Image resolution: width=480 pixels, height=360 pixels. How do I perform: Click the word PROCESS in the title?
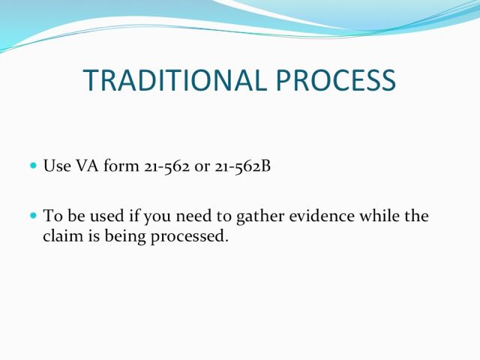pyautogui.click(x=336, y=80)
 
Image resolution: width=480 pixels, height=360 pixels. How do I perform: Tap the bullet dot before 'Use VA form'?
pyautogui.click(x=34, y=166)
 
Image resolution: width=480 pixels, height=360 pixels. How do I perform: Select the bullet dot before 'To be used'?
pyautogui.click(x=34, y=215)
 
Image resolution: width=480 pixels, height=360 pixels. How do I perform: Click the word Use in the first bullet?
pyautogui.click(x=57, y=166)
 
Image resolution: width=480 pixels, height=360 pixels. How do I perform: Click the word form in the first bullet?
pyautogui.click(x=121, y=166)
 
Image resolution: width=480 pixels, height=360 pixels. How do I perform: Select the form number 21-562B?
pyautogui.click(x=243, y=166)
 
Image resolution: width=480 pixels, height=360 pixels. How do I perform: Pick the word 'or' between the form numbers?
pyautogui.click(x=202, y=168)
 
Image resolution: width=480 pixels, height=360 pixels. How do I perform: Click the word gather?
pyautogui.click(x=260, y=217)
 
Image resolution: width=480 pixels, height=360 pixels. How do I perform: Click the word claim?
pyautogui.click(x=63, y=235)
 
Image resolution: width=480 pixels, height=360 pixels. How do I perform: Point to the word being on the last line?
pyautogui.click(x=125, y=237)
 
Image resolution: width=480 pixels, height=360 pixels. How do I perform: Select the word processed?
pyautogui.click(x=190, y=237)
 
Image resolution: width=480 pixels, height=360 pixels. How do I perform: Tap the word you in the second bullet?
pyautogui.click(x=157, y=217)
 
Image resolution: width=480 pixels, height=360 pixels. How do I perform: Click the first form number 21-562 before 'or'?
pyautogui.click(x=166, y=166)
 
